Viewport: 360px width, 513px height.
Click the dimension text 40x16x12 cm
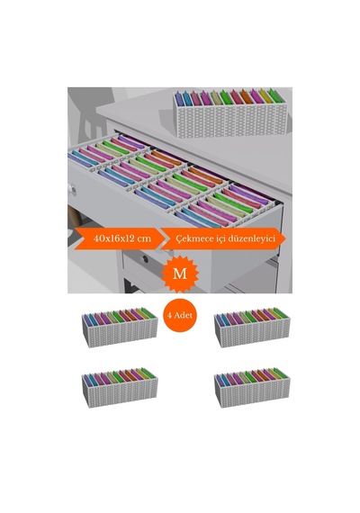coord(122,238)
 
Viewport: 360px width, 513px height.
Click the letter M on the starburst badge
coord(180,274)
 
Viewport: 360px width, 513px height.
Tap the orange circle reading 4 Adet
coord(180,315)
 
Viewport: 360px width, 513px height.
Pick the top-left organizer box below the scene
coord(120,328)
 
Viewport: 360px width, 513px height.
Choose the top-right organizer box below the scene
coord(252,328)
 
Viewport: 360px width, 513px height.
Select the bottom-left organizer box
coord(120,387)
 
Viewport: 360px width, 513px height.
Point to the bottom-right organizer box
coord(252,387)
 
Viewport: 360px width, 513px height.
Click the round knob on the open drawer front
coord(72,189)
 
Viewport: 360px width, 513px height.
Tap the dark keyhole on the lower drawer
coord(145,259)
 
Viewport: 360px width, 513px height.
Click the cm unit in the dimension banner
coord(144,238)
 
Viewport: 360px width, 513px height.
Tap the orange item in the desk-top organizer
coord(247,97)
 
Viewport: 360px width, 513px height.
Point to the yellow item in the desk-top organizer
coord(265,97)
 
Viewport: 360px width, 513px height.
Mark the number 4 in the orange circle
coord(170,315)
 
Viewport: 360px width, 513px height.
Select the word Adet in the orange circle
coord(184,315)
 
